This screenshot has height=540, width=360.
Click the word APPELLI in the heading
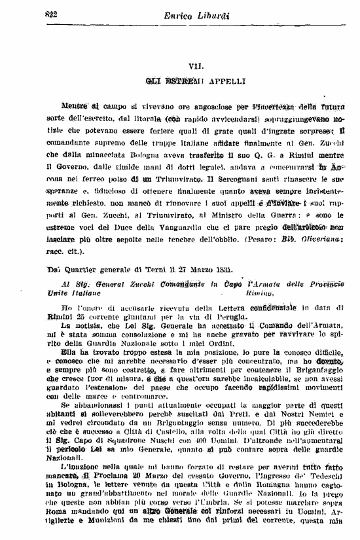point(224,82)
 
